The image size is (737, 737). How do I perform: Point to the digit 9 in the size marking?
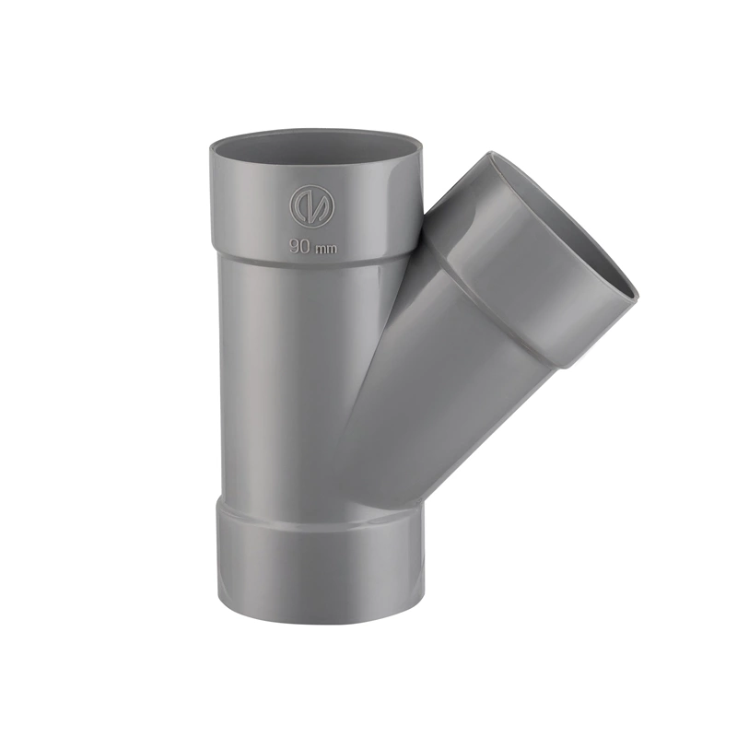click(x=294, y=247)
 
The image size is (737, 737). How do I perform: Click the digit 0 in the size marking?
click(x=303, y=247)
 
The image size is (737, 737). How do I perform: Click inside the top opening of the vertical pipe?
click(x=313, y=147)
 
